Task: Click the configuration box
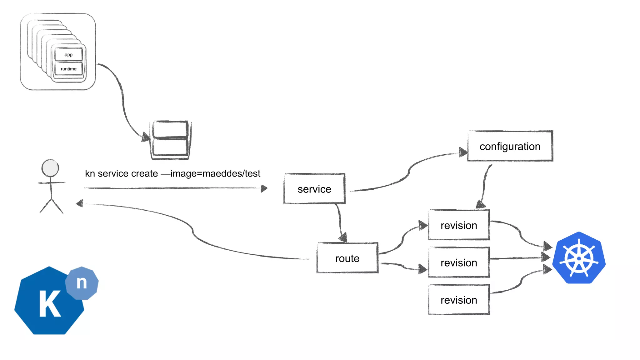510,146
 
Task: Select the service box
314,189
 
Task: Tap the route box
347,258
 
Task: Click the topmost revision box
459,225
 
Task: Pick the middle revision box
459,262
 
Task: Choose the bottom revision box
459,300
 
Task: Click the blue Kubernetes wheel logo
579,258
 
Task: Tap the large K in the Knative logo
49,304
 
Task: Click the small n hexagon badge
82,283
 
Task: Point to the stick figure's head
50,168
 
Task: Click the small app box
68,55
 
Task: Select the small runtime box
68,69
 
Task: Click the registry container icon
170,140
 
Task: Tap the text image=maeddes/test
216,173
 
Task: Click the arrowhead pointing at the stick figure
79,203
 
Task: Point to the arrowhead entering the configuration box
463,152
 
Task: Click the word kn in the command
90,173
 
